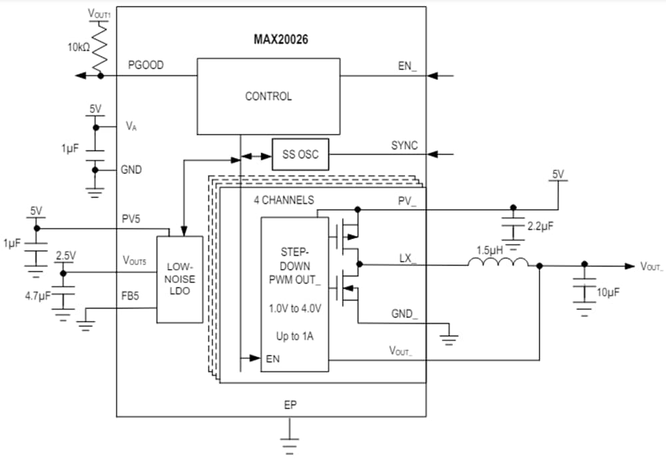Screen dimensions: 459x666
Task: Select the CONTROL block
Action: pyautogui.click(x=268, y=96)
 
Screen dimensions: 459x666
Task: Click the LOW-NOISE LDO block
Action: pyautogui.click(x=180, y=279)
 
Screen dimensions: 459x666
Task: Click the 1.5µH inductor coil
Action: pyautogui.click(x=498, y=264)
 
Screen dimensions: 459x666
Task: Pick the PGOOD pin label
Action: pyautogui.click(x=146, y=65)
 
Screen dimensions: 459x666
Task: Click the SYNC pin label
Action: pyautogui.click(x=404, y=145)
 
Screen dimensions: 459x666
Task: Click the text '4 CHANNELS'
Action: pyautogui.click(x=284, y=200)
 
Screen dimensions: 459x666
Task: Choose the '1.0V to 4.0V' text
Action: pyautogui.click(x=294, y=308)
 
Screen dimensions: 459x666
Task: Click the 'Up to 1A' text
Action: pyautogui.click(x=294, y=336)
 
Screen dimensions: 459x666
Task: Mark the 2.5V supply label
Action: pyautogui.click(x=65, y=256)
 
